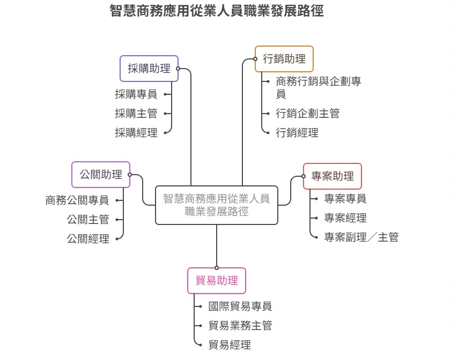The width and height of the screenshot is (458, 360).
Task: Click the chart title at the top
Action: point(217,11)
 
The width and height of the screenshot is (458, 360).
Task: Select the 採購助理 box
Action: point(149,69)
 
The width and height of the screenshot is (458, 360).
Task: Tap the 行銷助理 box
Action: point(284,59)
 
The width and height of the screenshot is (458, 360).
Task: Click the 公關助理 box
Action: point(101,175)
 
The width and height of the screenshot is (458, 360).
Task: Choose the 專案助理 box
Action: point(333,176)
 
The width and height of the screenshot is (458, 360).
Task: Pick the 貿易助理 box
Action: point(217,281)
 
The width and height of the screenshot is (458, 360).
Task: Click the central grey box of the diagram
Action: point(217,205)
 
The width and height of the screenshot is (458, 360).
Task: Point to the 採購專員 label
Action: point(136,94)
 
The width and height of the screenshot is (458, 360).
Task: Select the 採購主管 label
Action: point(136,114)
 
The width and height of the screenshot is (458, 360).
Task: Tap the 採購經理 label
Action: point(136,133)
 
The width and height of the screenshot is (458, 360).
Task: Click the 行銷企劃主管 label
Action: point(308,114)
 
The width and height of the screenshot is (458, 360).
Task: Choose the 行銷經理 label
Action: point(297,133)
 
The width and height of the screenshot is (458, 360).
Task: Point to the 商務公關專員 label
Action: point(77,200)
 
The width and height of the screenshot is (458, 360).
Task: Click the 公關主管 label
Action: point(88,220)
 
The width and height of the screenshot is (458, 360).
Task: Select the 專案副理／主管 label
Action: point(361,237)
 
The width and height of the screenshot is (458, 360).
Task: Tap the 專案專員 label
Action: point(345,199)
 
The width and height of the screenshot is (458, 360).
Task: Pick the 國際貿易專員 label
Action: point(240,306)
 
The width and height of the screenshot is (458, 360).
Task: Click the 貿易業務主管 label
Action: point(240,326)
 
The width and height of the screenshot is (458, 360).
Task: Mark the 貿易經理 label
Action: point(230,345)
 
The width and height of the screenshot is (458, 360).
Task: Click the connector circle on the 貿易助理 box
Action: point(217,267)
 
